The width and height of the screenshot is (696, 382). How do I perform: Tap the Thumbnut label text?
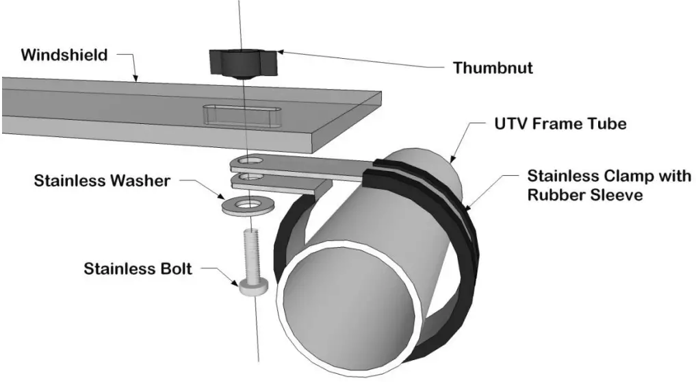point(492,68)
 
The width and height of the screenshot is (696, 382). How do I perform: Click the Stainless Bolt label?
point(138,268)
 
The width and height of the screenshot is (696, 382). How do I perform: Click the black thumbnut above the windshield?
point(236,64)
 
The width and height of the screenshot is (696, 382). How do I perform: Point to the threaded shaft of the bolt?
point(252,251)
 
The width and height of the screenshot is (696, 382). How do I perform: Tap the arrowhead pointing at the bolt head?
point(239,282)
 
